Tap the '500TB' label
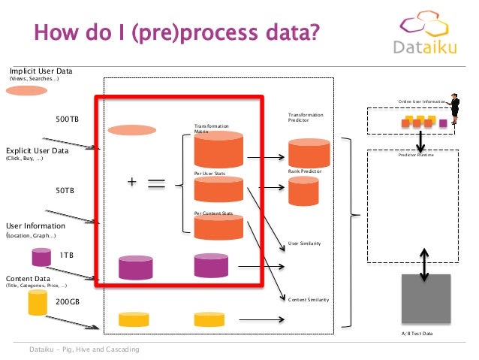[x=68, y=119]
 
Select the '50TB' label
[x=65, y=191]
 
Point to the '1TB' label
[x=67, y=255]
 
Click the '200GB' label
[x=68, y=301]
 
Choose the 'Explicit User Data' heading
[x=37, y=150]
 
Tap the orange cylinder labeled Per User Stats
[x=218, y=189]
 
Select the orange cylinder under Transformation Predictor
[x=309, y=152]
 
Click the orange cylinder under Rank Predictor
[x=304, y=192]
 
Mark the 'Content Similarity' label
[x=309, y=299]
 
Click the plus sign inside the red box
[x=131, y=182]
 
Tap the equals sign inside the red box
[x=157, y=185]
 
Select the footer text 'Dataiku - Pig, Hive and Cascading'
[x=83, y=349]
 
